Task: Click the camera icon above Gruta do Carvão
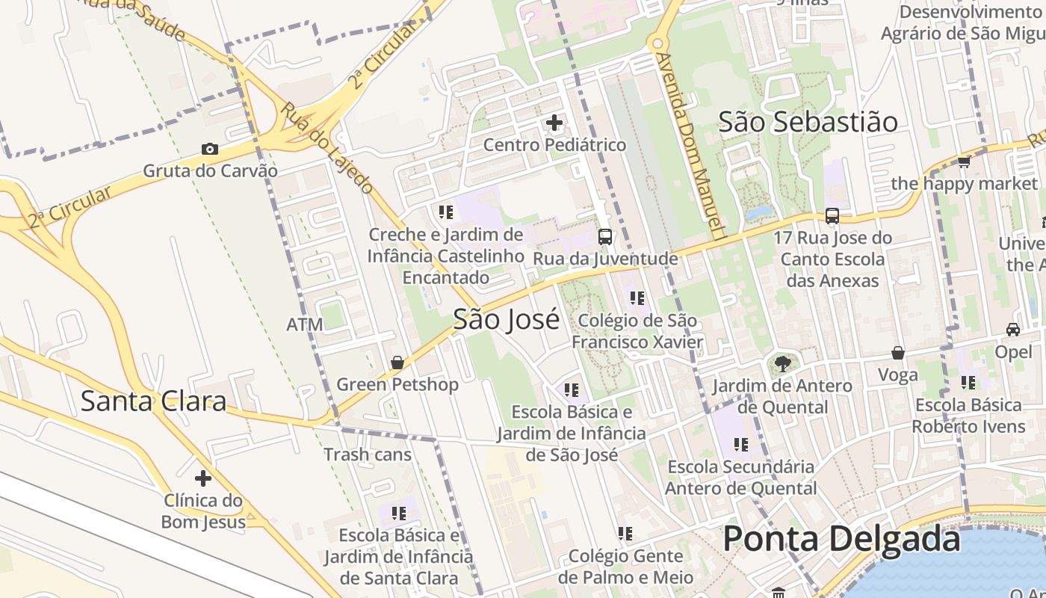coord(210,149)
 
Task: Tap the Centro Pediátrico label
coord(554,144)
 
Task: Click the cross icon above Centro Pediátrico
coord(554,122)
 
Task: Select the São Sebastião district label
coord(808,122)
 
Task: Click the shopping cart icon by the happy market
coord(964,161)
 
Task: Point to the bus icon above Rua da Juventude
coord(605,237)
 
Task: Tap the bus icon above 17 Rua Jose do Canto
coord(832,216)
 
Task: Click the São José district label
coord(506,319)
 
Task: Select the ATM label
coord(305,324)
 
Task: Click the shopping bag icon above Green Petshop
coord(397,363)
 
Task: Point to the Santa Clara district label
coord(153,401)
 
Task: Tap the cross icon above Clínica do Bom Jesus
coord(202,478)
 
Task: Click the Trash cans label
coord(368,454)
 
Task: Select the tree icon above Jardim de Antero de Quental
coord(782,364)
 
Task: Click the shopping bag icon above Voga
coord(898,353)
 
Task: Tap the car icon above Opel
coord(1013,329)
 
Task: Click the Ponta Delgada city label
coord(841,538)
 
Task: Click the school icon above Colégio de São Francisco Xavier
coord(637,298)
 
